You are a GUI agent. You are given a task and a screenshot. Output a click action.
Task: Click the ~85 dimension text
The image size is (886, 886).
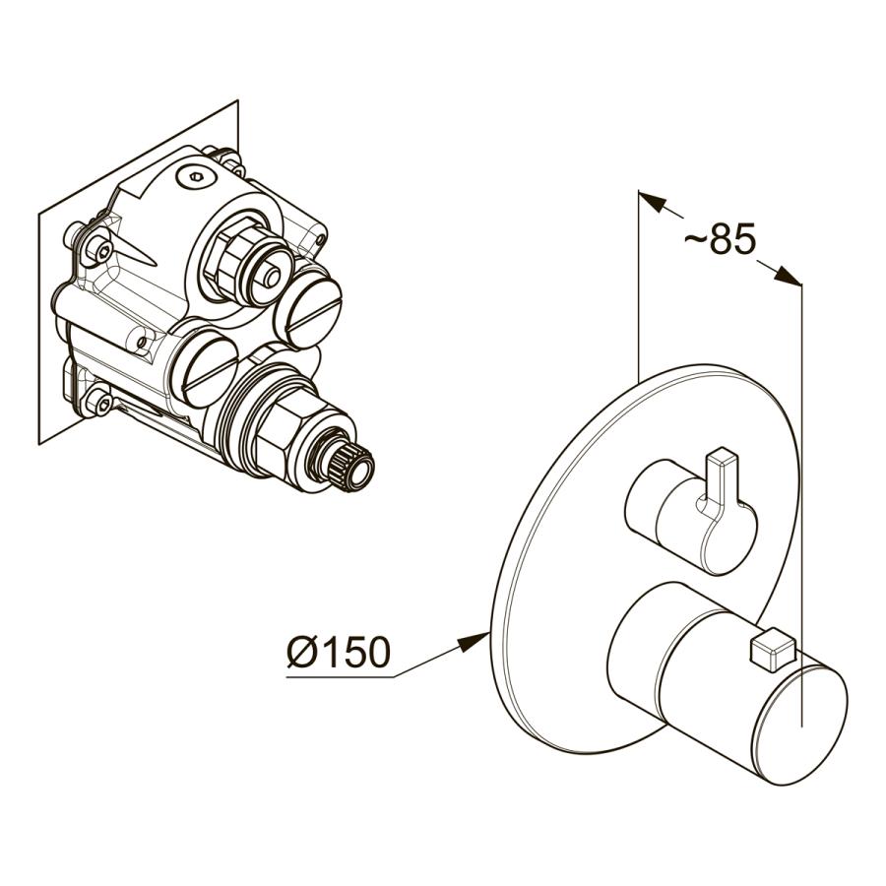pos(720,238)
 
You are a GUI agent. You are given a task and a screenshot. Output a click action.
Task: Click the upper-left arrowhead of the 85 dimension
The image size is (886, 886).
pos(653,201)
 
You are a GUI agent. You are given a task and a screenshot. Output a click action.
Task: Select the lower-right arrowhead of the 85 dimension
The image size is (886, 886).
pos(788,275)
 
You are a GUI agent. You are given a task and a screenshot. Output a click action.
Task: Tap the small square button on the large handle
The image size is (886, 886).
pos(772,650)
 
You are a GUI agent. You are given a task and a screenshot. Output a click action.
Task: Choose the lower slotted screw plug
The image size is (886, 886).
pos(205,368)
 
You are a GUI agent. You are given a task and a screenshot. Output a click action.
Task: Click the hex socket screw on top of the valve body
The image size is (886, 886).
pos(196,178)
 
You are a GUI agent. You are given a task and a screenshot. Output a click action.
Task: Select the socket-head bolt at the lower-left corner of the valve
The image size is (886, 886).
pos(98,400)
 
